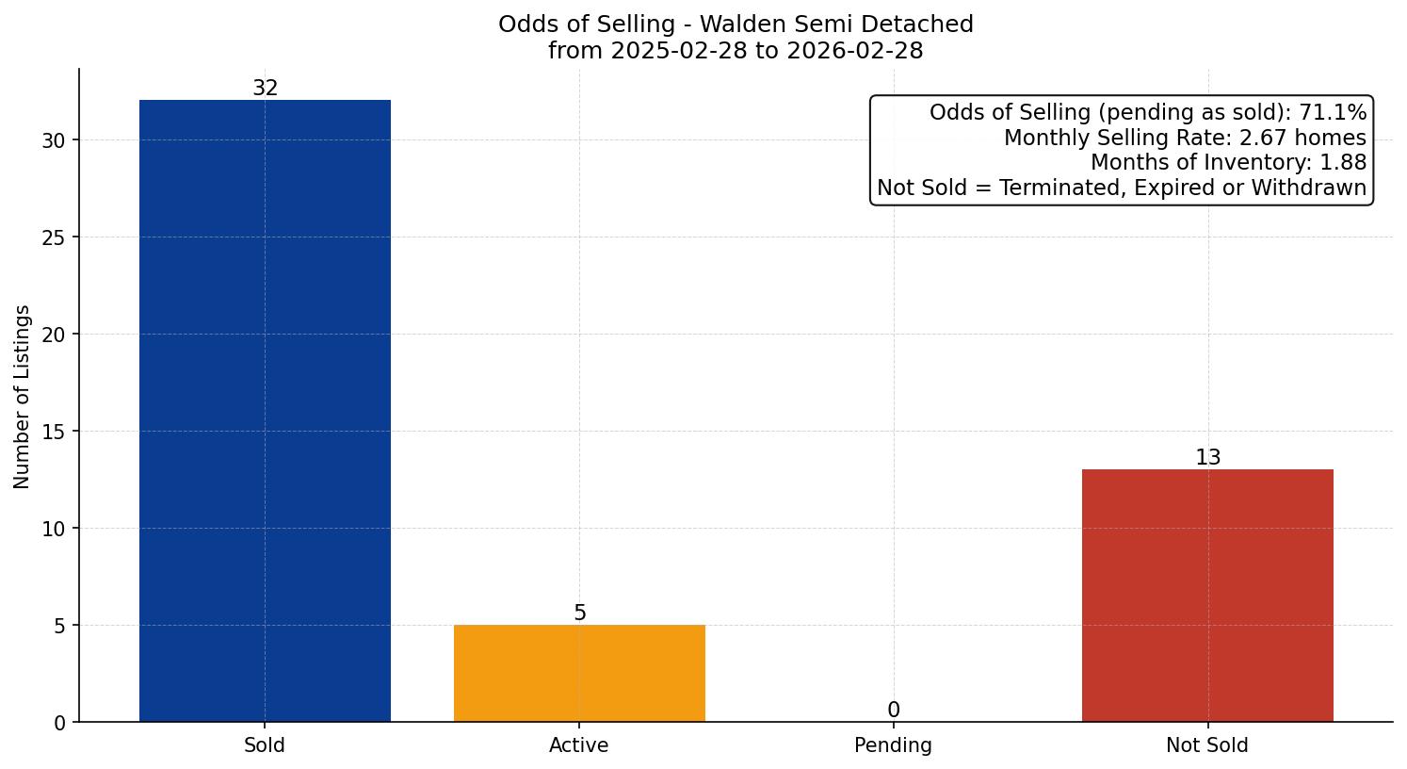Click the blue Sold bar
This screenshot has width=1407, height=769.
(265, 410)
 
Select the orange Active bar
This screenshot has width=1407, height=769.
(579, 673)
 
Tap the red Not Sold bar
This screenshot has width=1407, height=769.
(1207, 595)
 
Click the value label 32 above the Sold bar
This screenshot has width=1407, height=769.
(265, 88)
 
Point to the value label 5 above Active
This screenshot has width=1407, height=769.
(579, 613)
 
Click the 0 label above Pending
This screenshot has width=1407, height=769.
(893, 710)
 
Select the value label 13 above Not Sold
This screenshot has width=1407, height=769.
(1207, 457)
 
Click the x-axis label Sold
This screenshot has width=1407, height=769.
(265, 745)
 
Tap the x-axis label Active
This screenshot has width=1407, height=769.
(579, 745)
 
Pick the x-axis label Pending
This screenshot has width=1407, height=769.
(893, 745)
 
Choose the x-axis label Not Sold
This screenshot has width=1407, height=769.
(1207, 745)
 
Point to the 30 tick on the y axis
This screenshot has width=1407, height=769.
(54, 140)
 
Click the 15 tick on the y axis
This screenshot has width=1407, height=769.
(54, 432)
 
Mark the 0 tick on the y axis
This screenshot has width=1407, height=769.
(59, 723)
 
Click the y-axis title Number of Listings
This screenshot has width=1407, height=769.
(23, 396)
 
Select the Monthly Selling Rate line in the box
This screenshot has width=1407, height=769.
(1184, 138)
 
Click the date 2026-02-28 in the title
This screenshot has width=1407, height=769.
(857, 51)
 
